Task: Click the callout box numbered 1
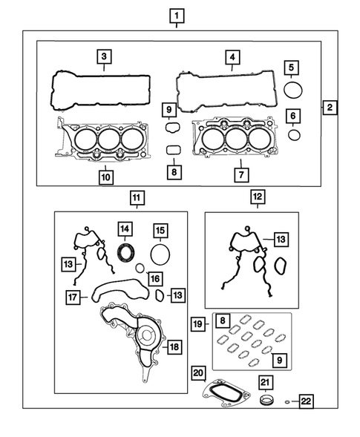pos(176,14)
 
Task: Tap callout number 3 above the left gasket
pos(105,56)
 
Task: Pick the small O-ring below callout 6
pos(294,135)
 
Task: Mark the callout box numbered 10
pos(105,177)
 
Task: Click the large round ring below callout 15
pos(160,254)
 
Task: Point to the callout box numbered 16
pos(154,277)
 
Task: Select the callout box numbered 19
pos(197,324)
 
